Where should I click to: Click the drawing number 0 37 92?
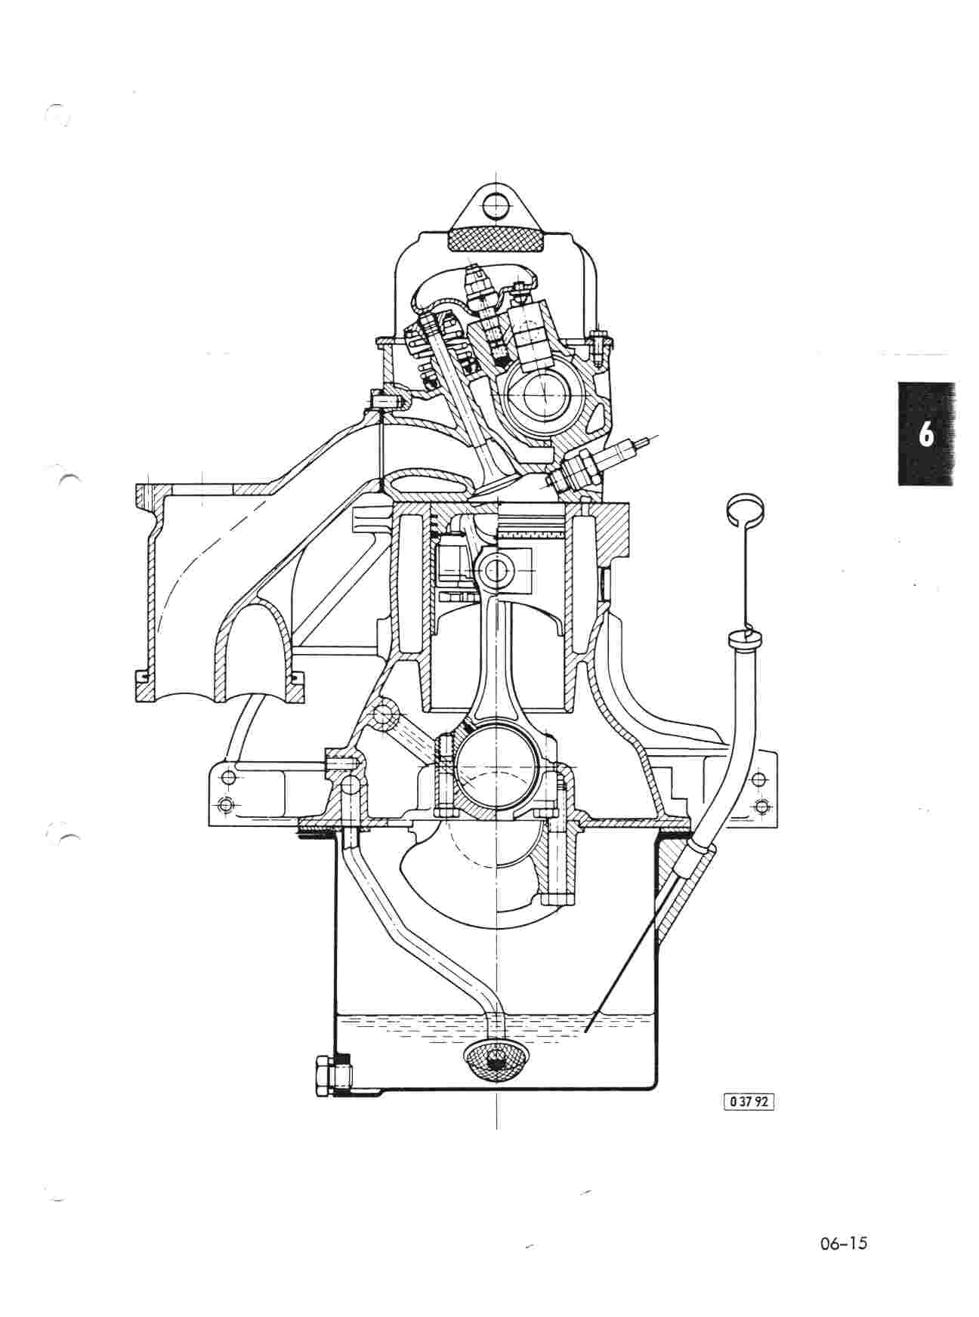(749, 1101)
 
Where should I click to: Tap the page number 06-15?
(842, 1243)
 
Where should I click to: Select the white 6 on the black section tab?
(925, 435)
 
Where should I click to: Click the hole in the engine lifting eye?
(496, 202)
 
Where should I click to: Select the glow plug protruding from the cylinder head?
(598, 461)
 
